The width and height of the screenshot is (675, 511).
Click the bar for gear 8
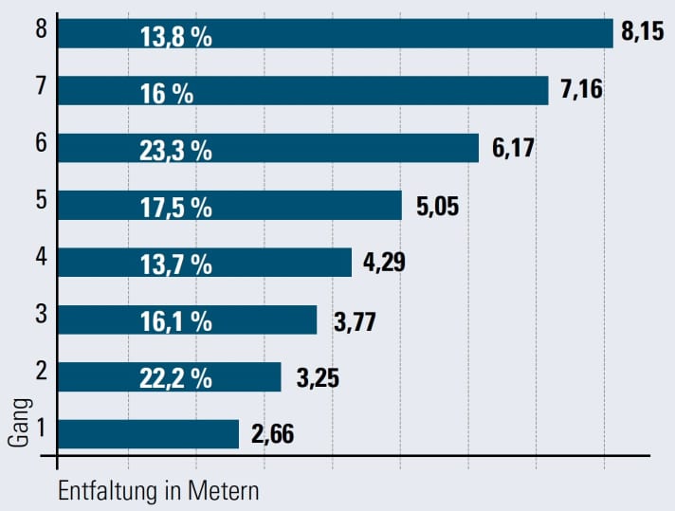[335, 33]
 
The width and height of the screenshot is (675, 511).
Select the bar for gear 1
[148, 434]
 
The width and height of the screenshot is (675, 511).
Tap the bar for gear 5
[229, 206]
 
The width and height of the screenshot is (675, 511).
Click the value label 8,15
[646, 33]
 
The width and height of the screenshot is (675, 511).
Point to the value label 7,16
[581, 91]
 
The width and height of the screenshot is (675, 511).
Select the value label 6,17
[512, 149]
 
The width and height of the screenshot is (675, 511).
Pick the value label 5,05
[436, 206]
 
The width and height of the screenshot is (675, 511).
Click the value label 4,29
[385, 263]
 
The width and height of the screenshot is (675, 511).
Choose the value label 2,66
[273, 435]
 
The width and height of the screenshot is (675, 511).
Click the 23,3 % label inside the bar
[175, 149]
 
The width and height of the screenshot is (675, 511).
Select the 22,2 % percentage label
[175, 377]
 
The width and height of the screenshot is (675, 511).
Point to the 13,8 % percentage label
[175, 34]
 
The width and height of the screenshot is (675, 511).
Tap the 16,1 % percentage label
[175, 320]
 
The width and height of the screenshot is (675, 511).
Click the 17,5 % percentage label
[175, 206]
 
